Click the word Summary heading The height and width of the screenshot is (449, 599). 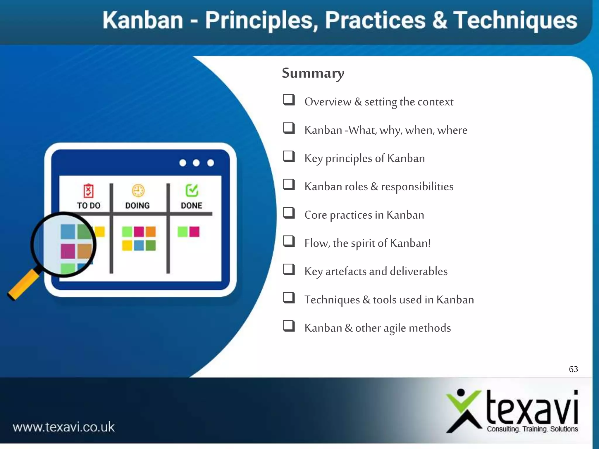click(x=313, y=73)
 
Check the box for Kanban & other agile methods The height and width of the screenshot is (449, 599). click(x=289, y=326)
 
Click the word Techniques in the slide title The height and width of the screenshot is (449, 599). click(x=515, y=20)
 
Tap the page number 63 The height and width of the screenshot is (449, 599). click(x=573, y=369)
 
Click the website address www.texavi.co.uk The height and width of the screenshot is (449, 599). click(x=64, y=427)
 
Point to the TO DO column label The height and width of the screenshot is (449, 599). click(x=89, y=205)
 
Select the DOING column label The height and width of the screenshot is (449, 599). click(x=137, y=205)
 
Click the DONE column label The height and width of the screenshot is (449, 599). click(x=192, y=205)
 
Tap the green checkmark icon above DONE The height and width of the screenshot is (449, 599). click(x=192, y=191)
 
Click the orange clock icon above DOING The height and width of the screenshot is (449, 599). click(x=138, y=191)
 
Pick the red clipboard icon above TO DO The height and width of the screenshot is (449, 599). click(x=88, y=191)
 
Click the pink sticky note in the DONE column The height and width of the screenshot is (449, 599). click(x=194, y=232)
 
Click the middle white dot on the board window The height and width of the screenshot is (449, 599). click(x=196, y=163)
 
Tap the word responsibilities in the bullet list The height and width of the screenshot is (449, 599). click(x=417, y=186)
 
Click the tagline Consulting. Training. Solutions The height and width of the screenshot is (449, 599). click(x=532, y=429)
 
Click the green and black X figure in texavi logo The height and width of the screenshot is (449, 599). click(x=464, y=411)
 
